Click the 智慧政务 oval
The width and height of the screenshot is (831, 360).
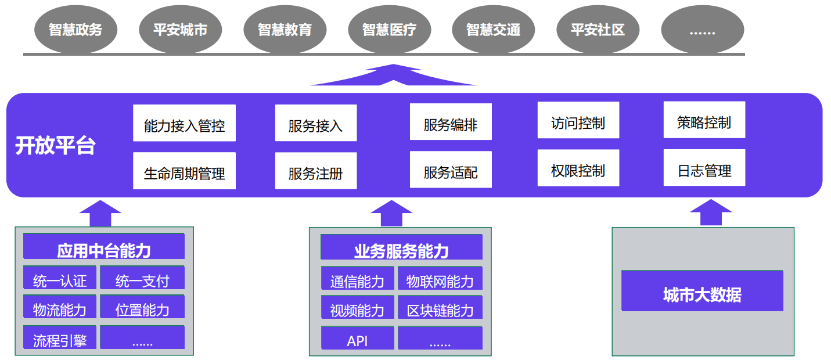75,30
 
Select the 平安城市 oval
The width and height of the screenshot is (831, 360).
180,30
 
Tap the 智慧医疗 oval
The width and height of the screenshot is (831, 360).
389,30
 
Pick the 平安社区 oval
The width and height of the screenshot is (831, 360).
598,30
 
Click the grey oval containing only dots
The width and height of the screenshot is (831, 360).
702,30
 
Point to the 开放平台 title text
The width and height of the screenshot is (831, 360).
55,146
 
